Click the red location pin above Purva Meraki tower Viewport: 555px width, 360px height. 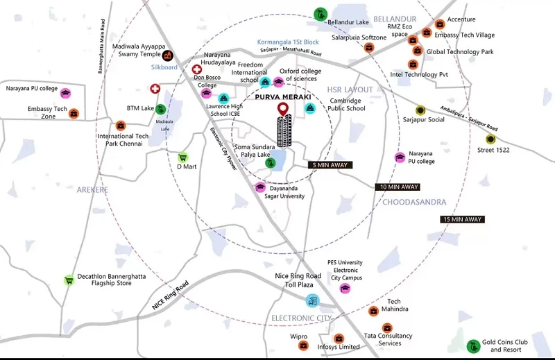click(x=282, y=109)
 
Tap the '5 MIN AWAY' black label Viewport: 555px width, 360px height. click(x=331, y=165)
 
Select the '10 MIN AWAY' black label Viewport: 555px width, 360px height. click(x=398, y=187)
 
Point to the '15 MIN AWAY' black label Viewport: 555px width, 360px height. click(x=461, y=219)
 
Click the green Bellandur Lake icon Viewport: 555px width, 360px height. click(x=321, y=14)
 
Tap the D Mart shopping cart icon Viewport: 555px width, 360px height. click(x=183, y=157)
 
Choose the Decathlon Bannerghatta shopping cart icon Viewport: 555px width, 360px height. click(x=69, y=281)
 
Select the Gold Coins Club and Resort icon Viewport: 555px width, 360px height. click(x=473, y=345)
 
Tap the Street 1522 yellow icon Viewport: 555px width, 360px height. click(x=490, y=139)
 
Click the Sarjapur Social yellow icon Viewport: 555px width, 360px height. click(x=420, y=110)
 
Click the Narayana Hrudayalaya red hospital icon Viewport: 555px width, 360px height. click(x=197, y=71)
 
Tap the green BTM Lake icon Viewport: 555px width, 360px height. click(x=160, y=109)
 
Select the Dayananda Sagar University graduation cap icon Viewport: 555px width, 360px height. click(x=261, y=187)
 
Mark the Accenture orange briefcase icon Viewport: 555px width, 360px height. click(x=438, y=24)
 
